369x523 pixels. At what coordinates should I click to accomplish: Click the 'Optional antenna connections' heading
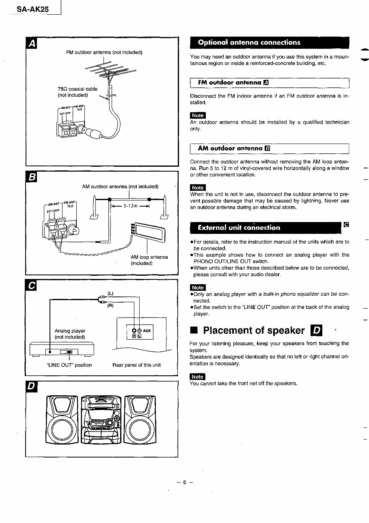pyautogui.click(x=249, y=42)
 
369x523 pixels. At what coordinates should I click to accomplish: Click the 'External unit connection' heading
pyautogui.click(x=239, y=228)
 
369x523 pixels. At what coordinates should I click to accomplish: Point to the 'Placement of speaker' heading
pyautogui.click(x=254, y=330)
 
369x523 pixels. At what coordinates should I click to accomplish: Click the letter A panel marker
pyautogui.click(x=32, y=43)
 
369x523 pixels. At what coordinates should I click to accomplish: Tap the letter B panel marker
pyautogui.click(x=32, y=177)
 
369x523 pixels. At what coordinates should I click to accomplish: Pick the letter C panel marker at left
pyautogui.click(x=32, y=285)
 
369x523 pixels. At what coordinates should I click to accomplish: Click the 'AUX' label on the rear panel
pyautogui.click(x=147, y=331)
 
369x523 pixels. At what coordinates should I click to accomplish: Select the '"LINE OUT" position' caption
pyautogui.click(x=69, y=365)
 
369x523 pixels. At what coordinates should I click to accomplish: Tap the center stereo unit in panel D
pyautogui.click(x=101, y=419)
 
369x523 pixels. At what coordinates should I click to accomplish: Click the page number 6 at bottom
pyautogui.click(x=184, y=482)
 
